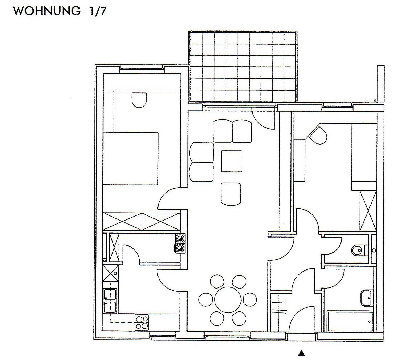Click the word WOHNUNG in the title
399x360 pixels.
(x=47, y=11)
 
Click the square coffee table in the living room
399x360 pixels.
(x=231, y=161)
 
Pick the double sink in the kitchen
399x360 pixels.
(x=110, y=300)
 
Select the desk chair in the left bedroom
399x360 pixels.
(x=139, y=100)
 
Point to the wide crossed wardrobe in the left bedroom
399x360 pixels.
(x=141, y=221)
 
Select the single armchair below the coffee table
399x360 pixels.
(x=231, y=193)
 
